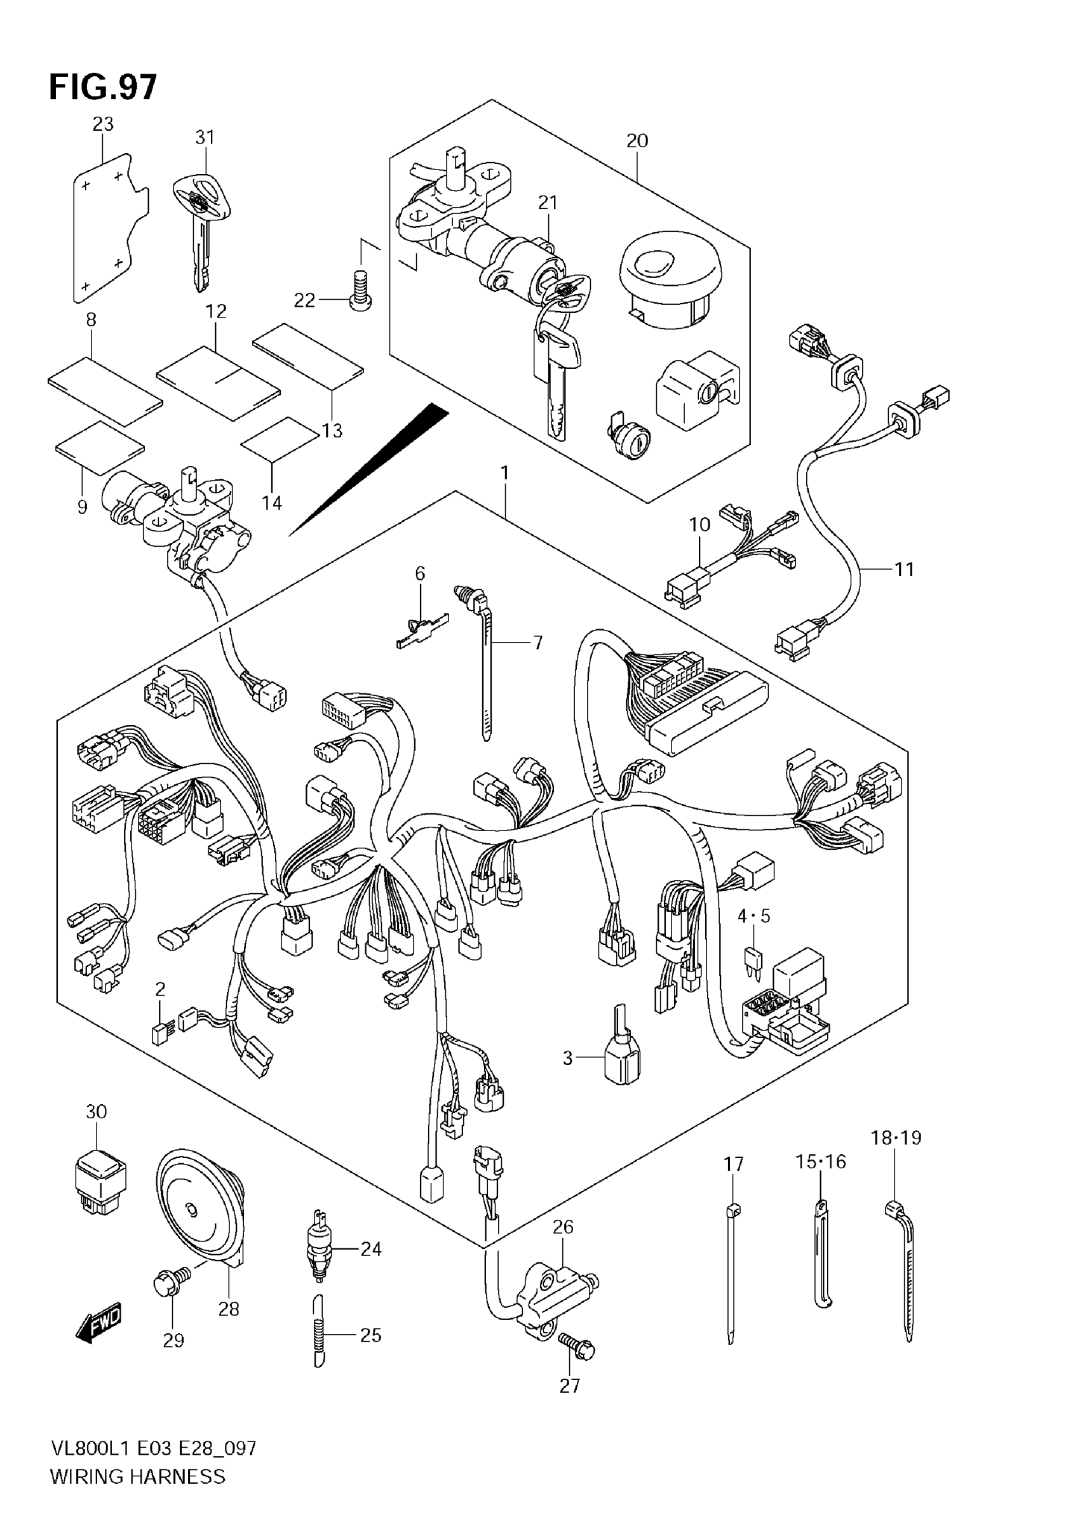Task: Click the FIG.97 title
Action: (104, 87)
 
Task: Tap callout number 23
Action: (103, 124)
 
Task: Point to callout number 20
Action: (637, 140)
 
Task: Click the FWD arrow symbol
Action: (98, 1322)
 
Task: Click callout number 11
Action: (903, 570)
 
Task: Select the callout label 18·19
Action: (896, 1138)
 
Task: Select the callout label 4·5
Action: (753, 916)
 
